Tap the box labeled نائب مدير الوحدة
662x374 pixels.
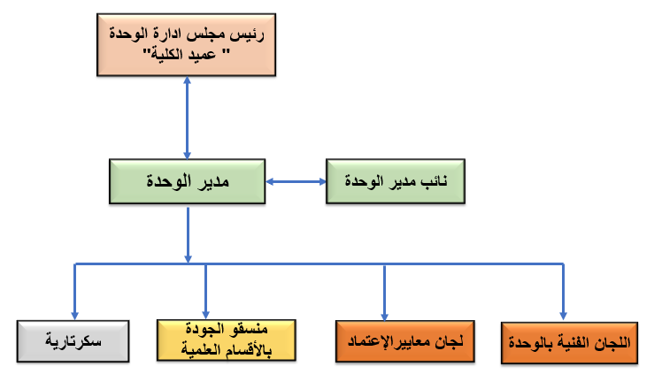(x=395, y=182)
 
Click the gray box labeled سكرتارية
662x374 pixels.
(x=74, y=340)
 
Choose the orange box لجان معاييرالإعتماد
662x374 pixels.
(x=405, y=340)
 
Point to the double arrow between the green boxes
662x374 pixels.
(x=296, y=183)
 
